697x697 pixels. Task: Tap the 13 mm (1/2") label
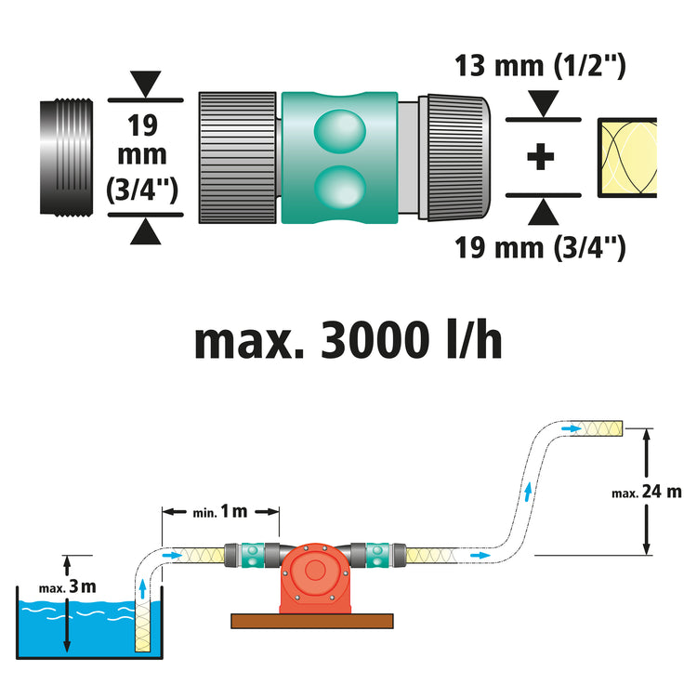540,67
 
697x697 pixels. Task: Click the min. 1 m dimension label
221,511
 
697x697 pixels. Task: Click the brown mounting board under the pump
313,620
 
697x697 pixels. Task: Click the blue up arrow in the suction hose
141,587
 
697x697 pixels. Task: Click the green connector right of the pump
376,555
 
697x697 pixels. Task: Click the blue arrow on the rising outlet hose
530,491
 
